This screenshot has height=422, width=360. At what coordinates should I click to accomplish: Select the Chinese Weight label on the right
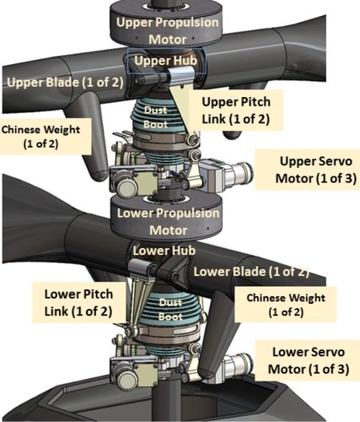click(287, 305)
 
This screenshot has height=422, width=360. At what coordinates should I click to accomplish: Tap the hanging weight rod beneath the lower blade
click(221, 304)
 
